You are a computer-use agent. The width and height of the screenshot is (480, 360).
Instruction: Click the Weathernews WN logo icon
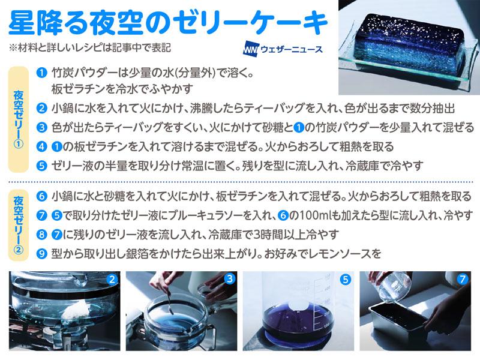pos(251,49)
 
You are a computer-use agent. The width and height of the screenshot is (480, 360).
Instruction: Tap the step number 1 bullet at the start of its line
pos(41,73)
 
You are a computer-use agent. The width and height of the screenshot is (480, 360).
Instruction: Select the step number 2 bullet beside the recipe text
pos(41,109)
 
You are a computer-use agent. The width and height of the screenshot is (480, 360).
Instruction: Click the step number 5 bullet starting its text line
pos(41,166)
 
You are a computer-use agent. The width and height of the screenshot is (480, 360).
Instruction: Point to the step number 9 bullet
pos(41,254)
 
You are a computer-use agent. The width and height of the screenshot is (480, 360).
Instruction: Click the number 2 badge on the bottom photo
pos(112,279)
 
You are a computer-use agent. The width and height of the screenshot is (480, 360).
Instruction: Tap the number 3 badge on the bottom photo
pos(229,278)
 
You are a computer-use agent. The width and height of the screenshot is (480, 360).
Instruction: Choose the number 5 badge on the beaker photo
pos(346,280)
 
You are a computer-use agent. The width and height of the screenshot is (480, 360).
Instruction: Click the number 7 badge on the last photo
pos(462,279)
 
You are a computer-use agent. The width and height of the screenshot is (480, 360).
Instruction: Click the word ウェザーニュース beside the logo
pos(292,49)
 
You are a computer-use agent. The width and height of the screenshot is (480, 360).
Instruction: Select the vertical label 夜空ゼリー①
pos(18,119)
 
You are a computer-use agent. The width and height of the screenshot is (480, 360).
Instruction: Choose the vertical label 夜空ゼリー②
pos(18,226)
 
